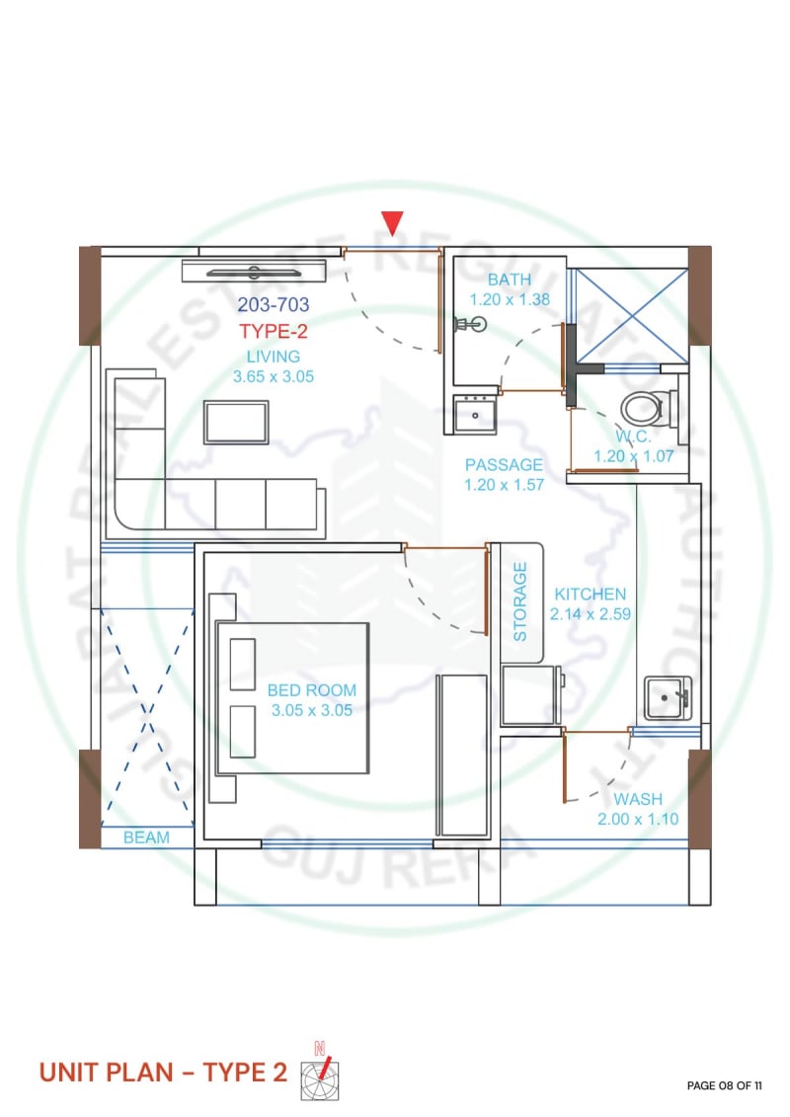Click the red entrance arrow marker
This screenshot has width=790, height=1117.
pyautogui.click(x=392, y=221)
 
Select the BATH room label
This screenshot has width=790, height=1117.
pyautogui.click(x=510, y=279)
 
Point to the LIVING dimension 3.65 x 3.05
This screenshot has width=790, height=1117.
pyautogui.click(x=274, y=377)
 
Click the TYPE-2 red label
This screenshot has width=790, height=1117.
pyautogui.click(x=274, y=331)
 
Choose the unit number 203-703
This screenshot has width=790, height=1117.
pyautogui.click(x=274, y=305)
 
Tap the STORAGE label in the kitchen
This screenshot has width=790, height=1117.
pyautogui.click(x=520, y=601)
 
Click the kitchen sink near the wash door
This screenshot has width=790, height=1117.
pyautogui.click(x=668, y=698)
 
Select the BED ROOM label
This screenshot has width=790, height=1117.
pyautogui.click(x=312, y=690)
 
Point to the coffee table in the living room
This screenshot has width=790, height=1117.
pyautogui.click(x=236, y=423)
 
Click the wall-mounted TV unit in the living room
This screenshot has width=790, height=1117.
pyautogui.click(x=254, y=272)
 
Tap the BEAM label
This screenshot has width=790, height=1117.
pyautogui.click(x=146, y=838)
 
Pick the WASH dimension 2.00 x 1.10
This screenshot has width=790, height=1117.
pyautogui.click(x=638, y=819)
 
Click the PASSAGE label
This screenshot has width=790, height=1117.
pyautogui.click(x=504, y=465)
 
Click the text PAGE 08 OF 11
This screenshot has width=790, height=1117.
pyautogui.click(x=725, y=1085)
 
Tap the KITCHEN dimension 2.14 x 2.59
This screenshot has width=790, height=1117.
pyautogui.click(x=590, y=614)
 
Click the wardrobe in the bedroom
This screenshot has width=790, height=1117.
pyautogui.click(x=462, y=756)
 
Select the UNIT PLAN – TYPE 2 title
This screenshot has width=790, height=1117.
pyautogui.click(x=163, y=1073)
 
